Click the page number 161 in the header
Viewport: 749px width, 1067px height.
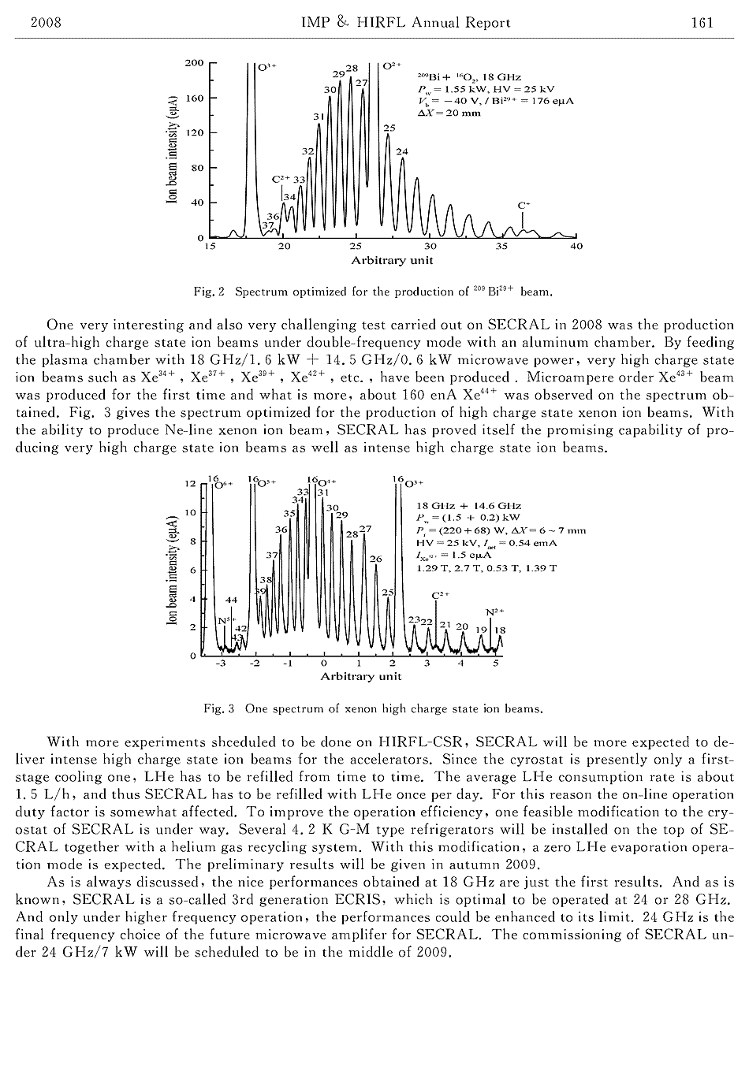click(x=702, y=22)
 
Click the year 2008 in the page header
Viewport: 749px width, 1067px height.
click(x=46, y=22)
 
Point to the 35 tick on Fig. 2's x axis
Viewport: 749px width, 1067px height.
click(x=502, y=247)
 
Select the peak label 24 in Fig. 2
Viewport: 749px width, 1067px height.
click(x=402, y=151)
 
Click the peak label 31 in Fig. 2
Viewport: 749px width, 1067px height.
click(x=319, y=117)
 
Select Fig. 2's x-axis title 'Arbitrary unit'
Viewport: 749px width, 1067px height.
click(x=392, y=260)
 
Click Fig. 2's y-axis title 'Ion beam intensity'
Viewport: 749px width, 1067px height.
click(x=171, y=150)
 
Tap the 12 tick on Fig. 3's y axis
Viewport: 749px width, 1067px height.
click(x=190, y=484)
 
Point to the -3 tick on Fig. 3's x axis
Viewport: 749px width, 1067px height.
click(x=221, y=664)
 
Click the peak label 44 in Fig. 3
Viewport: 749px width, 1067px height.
click(x=231, y=600)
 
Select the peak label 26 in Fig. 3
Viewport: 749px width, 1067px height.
click(x=376, y=559)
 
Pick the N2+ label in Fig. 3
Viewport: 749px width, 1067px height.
click(x=494, y=611)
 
